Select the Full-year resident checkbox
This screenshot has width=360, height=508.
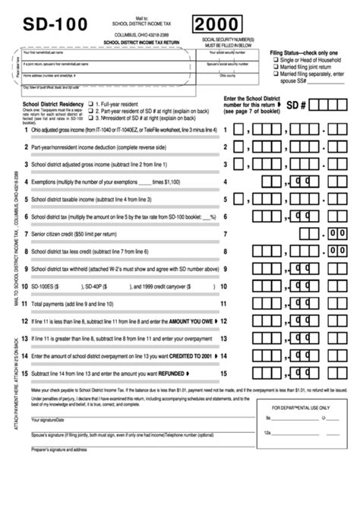[91, 103]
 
